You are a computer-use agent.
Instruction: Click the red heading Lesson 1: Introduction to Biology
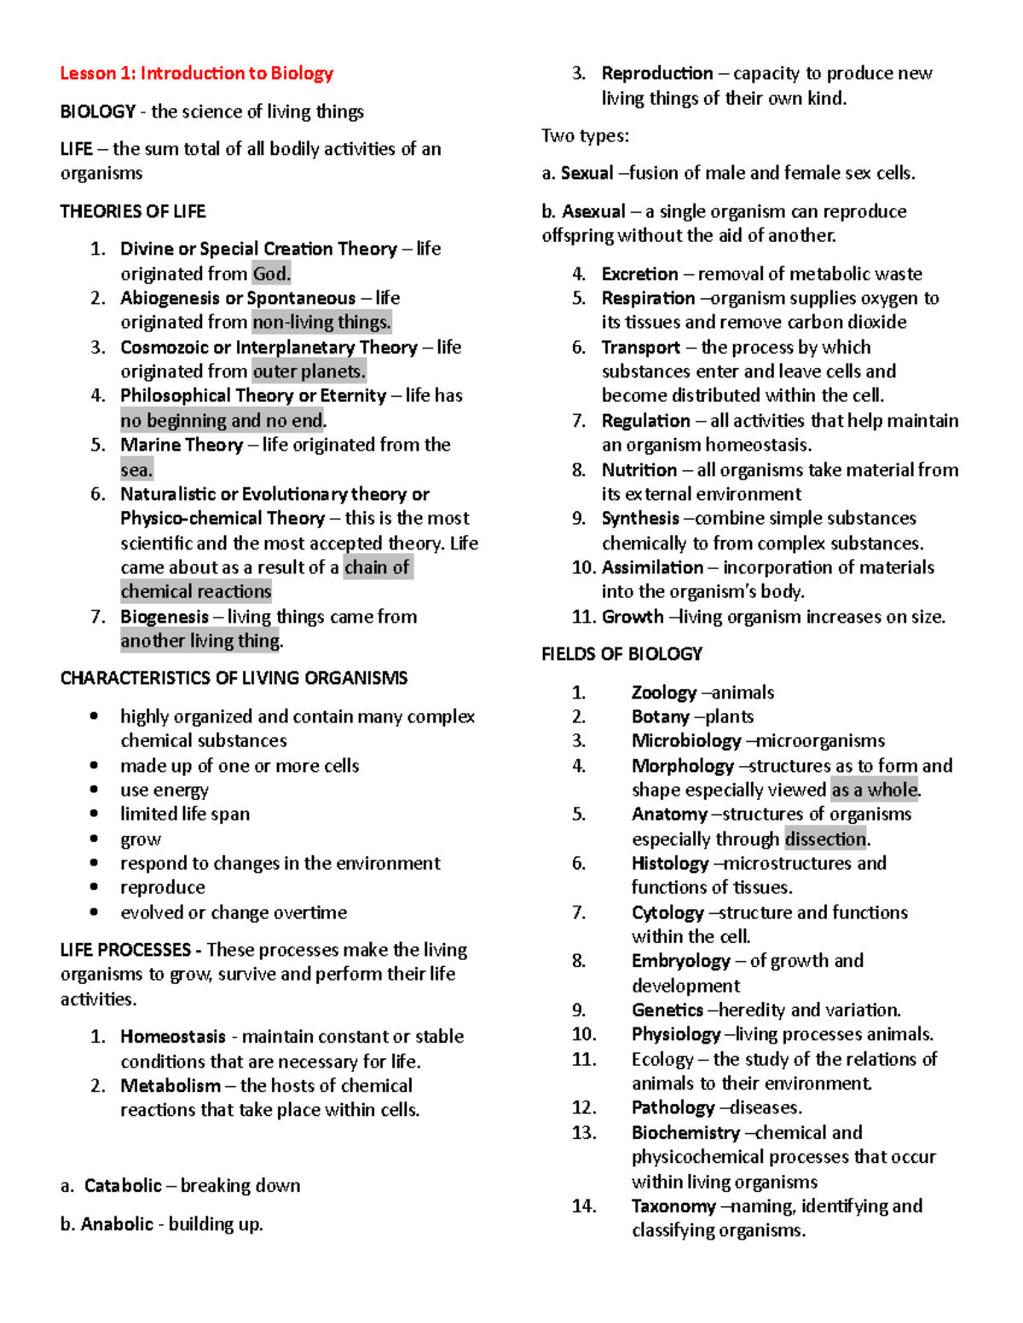pos(196,73)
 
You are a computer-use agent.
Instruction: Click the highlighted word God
pos(271,273)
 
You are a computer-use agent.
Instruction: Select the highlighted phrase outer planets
pos(309,371)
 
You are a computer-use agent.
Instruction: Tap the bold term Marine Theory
pos(182,445)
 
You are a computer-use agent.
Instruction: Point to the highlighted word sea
pos(136,469)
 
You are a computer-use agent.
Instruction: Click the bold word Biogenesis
pos(165,617)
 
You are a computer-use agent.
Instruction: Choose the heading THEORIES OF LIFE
pos(133,211)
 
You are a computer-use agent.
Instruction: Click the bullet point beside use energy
pos(94,790)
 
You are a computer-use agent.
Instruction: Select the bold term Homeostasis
pos(173,1037)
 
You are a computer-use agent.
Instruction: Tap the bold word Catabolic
pos(123,1186)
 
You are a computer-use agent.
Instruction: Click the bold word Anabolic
pos(117,1224)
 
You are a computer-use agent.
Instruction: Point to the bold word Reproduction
pos(657,73)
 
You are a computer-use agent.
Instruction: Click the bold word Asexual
pos(593,211)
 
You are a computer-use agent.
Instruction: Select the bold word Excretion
pos(639,274)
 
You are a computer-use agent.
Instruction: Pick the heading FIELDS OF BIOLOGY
pos(621,654)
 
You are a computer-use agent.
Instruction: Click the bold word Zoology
pos(664,693)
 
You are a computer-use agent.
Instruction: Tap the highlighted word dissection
pos(825,839)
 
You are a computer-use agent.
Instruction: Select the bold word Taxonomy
pos(673,1206)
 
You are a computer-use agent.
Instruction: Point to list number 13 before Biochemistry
pos(584,1133)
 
